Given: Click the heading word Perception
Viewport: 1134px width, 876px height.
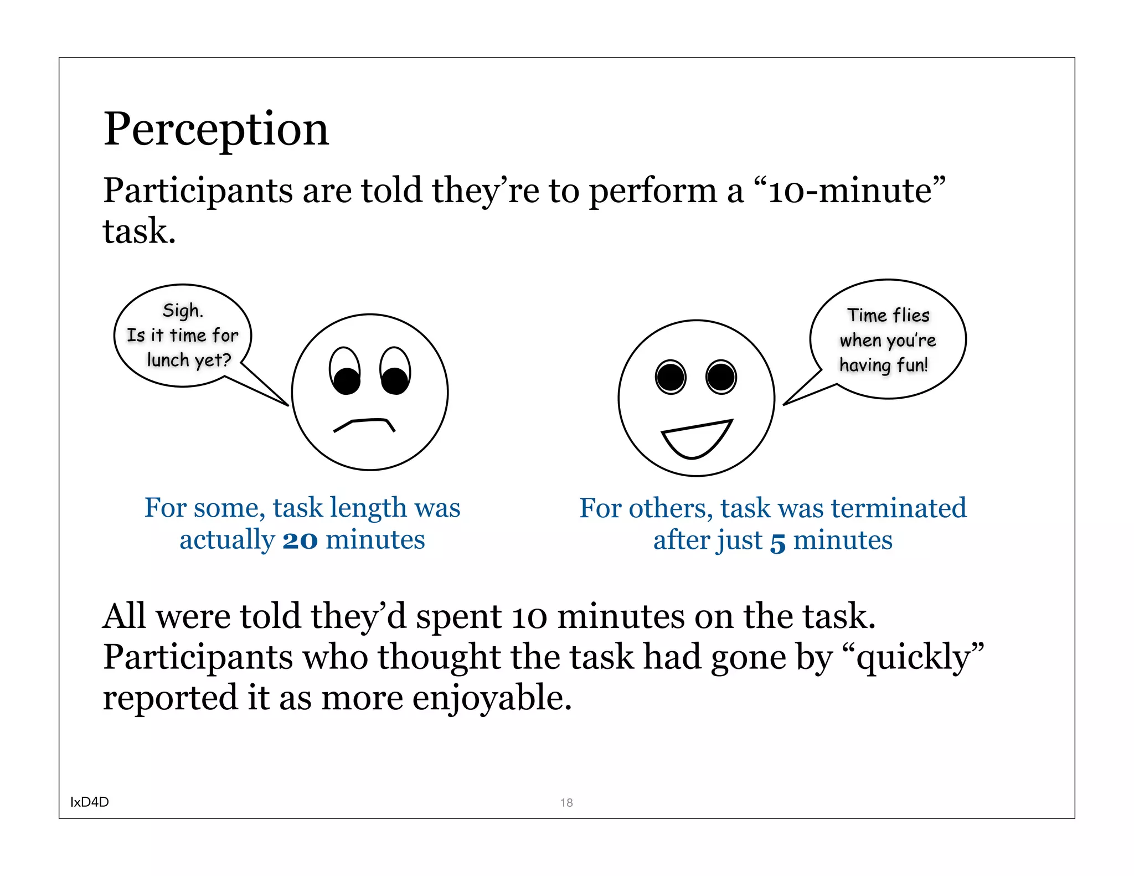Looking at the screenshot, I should (x=216, y=130).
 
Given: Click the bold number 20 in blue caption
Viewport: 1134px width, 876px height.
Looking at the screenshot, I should (x=300, y=540).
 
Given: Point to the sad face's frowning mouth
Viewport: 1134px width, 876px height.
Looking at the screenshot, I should (x=364, y=425).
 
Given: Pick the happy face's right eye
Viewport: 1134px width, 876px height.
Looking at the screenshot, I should (x=721, y=377).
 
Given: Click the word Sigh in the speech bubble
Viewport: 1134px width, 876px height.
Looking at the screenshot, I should (x=182, y=310).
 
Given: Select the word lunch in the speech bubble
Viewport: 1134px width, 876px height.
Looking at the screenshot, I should (x=168, y=360).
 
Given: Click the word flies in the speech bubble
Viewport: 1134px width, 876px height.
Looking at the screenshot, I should (x=911, y=315).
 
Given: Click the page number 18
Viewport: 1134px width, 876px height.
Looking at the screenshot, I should (x=566, y=802).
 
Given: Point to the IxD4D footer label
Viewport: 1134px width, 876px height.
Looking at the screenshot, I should (x=90, y=802).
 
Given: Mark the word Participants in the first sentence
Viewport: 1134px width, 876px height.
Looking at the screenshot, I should (x=198, y=192).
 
